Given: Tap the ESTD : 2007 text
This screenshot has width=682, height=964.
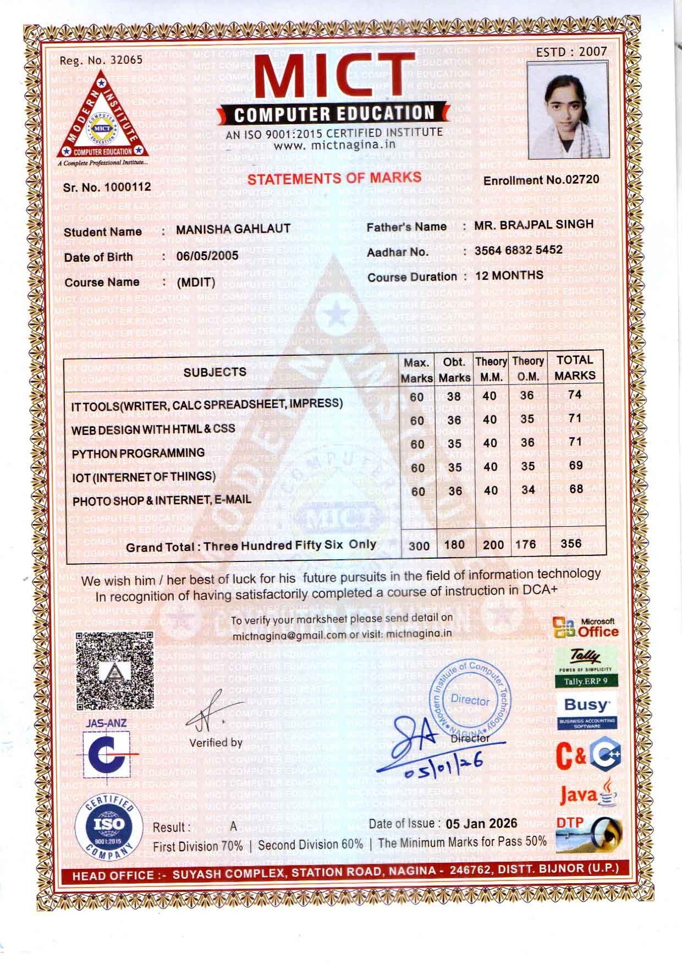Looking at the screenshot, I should pyautogui.click(x=571, y=52).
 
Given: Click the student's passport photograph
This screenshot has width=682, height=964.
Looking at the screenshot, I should pyautogui.click(x=567, y=110).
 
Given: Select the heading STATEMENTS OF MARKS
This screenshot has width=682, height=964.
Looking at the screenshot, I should pyautogui.click(x=334, y=178).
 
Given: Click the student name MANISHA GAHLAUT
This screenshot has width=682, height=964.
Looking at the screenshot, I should pyautogui.click(x=233, y=229).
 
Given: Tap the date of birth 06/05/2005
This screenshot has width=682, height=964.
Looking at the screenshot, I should pyautogui.click(x=207, y=256).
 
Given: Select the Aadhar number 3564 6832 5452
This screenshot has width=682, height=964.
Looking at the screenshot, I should pyautogui.click(x=518, y=250).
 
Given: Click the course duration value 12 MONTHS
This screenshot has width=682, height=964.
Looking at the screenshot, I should pyautogui.click(x=509, y=276).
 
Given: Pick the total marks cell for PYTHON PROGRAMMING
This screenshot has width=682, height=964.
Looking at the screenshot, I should pyautogui.click(x=575, y=441).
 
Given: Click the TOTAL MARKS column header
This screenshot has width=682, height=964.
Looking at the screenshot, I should pyautogui.click(x=575, y=368).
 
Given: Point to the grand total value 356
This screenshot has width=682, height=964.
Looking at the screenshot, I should pyautogui.click(x=571, y=543).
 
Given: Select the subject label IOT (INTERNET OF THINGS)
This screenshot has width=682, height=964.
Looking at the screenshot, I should pyautogui.click(x=144, y=477).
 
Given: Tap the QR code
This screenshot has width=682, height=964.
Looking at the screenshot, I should pyautogui.click(x=114, y=670).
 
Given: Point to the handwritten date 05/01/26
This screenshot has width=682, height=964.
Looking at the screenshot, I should pyautogui.click(x=444, y=765).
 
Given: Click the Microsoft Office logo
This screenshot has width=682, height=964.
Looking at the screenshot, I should pyautogui.click(x=586, y=627).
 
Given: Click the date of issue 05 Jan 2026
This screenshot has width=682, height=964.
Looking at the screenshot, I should pyautogui.click(x=481, y=823).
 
